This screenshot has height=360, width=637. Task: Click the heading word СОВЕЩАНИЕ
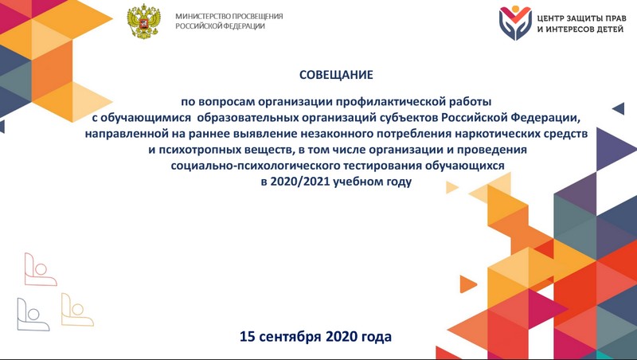[x=336, y=75]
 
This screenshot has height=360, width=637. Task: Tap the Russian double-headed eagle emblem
[x=143, y=22]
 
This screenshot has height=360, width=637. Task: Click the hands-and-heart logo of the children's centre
[x=515, y=23]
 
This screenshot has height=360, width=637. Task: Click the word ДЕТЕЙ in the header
[x=608, y=29]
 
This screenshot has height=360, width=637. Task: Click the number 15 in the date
[x=247, y=336]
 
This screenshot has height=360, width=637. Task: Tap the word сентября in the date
[x=290, y=337]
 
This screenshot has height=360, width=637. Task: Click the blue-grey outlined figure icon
[x=33, y=315]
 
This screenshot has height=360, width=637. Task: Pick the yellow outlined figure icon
[x=77, y=310]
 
